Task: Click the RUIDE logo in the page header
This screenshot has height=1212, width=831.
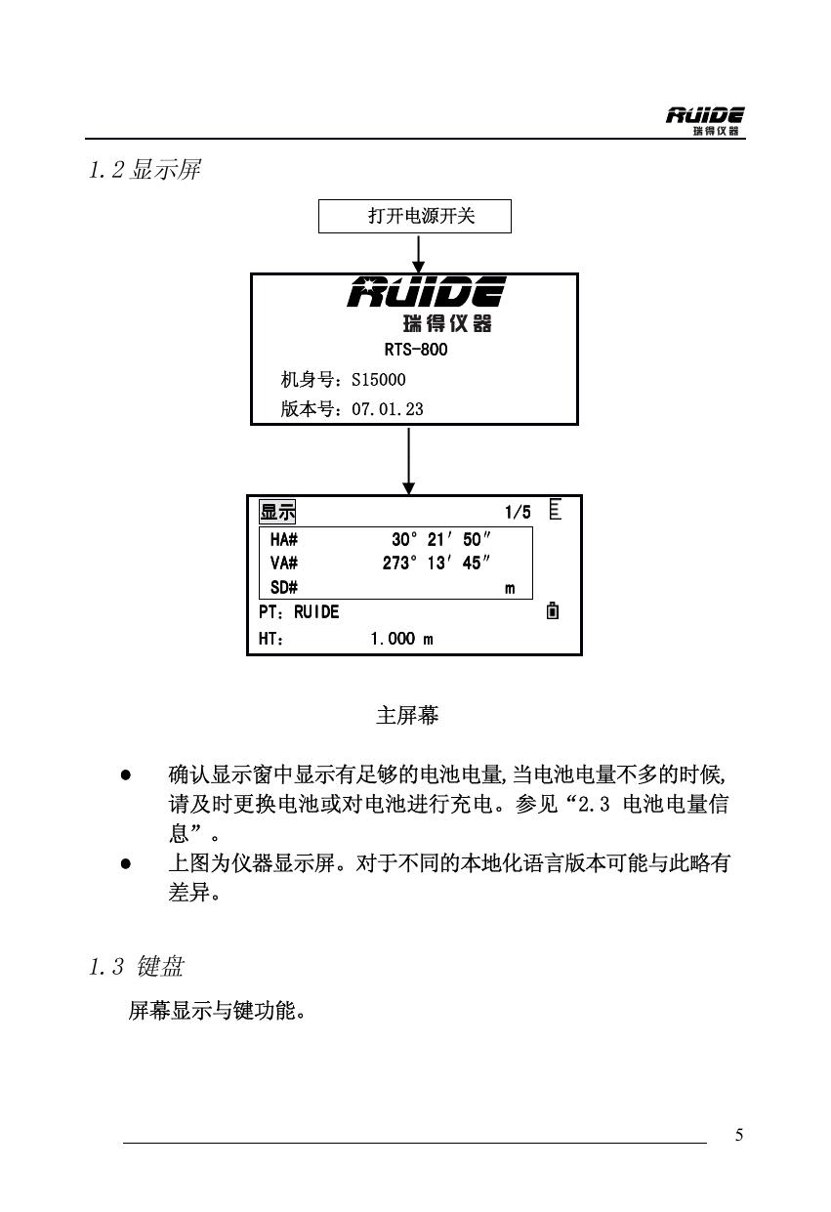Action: (x=705, y=121)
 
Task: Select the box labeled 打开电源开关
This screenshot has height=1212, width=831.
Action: (x=415, y=216)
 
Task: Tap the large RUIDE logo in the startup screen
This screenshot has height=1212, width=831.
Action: (x=427, y=291)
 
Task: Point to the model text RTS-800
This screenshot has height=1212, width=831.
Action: (x=417, y=350)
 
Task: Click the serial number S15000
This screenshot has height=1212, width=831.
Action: (x=378, y=380)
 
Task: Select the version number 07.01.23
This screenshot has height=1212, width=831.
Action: (x=388, y=409)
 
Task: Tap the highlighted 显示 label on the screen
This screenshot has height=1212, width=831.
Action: (x=277, y=513)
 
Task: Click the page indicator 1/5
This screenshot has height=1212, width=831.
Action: (x=518, y=513)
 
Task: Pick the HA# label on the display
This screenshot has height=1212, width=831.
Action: (x=284, y=539)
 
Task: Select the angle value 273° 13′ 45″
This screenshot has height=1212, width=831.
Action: (x=436, y=563)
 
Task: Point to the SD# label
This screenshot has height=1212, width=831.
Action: (x=284, y=588)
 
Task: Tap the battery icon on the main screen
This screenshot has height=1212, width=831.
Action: (x=554, y=612)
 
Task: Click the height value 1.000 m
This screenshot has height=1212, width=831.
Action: (x=400, y=639)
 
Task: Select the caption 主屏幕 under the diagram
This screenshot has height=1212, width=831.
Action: (x=407, y=716)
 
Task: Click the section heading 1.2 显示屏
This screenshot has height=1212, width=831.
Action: (x=144, y=171)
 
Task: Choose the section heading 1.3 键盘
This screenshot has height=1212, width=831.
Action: (x=136, y=968)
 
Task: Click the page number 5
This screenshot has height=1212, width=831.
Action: (x=739, y=1135)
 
